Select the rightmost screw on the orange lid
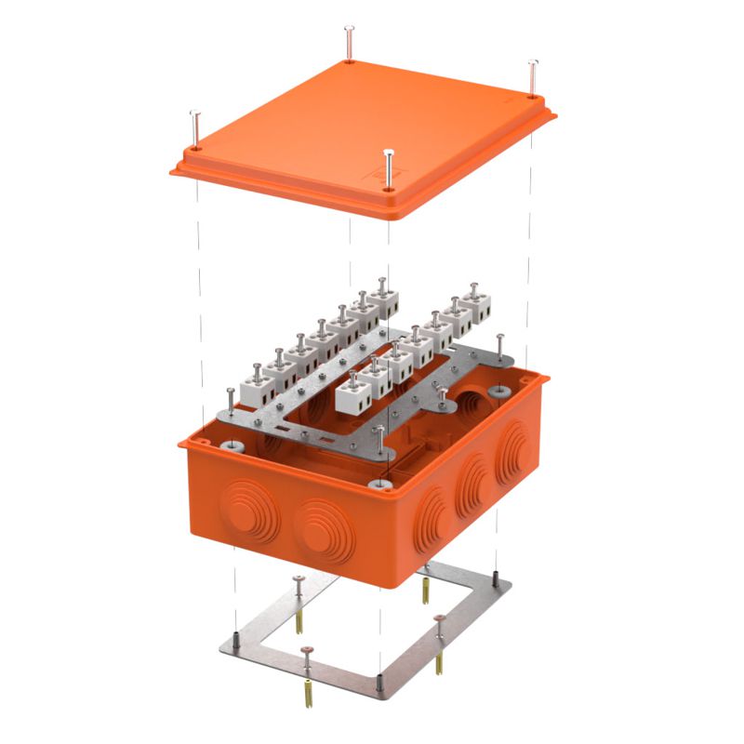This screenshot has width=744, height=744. (x=532, y=78)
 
